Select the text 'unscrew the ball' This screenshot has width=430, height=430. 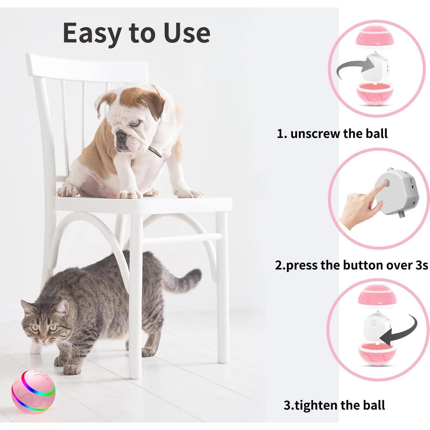point(339,134)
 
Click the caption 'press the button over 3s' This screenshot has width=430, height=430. point(356,265)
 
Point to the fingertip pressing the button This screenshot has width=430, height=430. point(385,184)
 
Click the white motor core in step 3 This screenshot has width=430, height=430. point(376,326)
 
